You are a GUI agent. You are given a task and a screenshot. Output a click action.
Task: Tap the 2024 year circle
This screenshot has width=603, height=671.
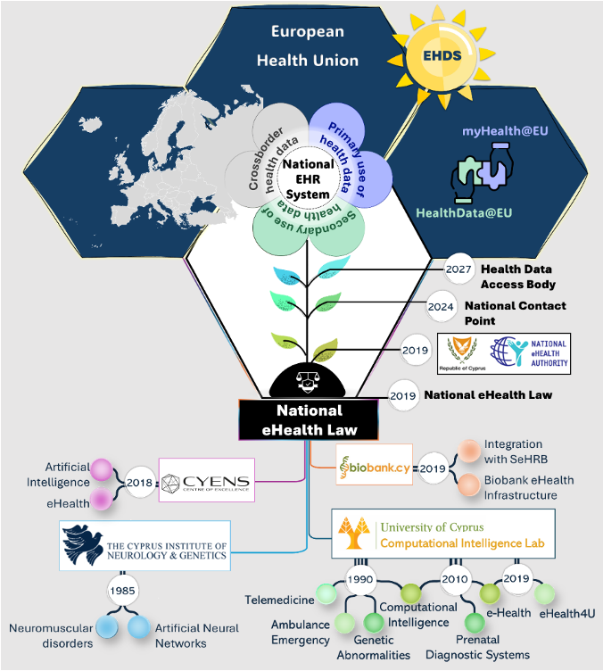(x=443, y=306)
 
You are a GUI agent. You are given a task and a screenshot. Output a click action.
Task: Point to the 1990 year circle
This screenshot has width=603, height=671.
(x=359, y=579)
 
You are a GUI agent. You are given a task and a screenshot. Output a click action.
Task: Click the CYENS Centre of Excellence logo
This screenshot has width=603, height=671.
(x=207, y=482)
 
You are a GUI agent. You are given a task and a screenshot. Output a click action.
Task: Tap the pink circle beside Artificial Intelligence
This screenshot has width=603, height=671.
(x=103, y=469)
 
